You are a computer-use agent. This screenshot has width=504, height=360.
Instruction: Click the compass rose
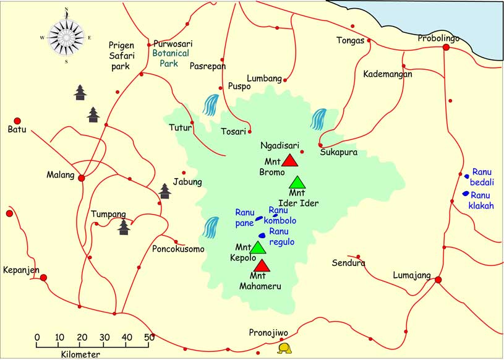66,36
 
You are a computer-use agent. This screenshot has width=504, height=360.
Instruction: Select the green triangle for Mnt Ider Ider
297,182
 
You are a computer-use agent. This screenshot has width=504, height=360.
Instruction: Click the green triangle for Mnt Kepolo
258,248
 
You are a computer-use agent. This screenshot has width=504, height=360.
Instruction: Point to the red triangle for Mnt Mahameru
262,265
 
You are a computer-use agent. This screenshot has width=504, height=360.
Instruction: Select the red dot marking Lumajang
438,280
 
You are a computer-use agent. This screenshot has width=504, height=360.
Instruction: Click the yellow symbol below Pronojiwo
284,349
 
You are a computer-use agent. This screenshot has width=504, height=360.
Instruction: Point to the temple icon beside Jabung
164,191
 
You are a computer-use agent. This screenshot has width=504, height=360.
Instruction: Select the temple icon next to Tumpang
124,227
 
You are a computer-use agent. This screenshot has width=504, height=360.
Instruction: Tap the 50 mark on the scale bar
149,337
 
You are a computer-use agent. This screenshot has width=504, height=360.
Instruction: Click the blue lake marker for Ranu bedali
467,176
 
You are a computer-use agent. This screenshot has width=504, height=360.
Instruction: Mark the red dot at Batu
17,121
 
